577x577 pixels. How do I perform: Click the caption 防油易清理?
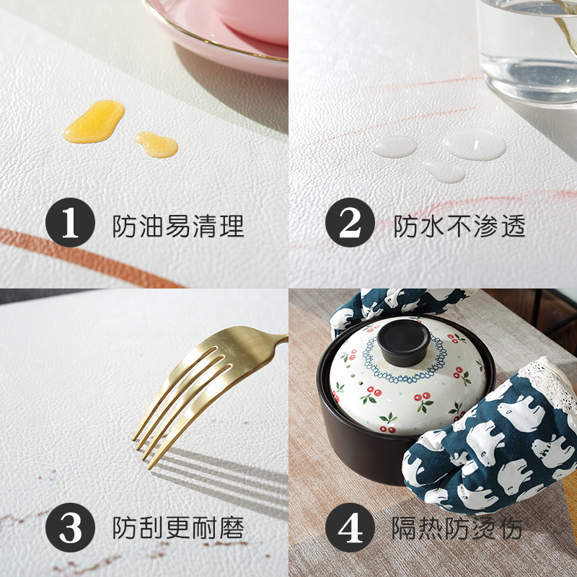(178, 226)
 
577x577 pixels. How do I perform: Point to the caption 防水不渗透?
(459, 226)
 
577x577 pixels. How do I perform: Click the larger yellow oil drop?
(94, 120)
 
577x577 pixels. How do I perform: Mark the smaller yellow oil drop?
(157, 144)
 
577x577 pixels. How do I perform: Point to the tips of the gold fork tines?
(144, 447)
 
